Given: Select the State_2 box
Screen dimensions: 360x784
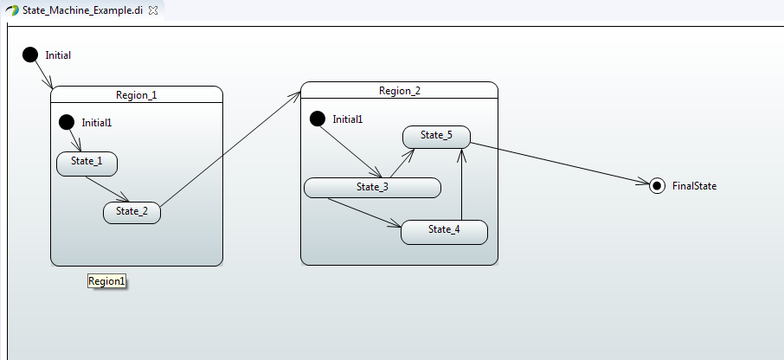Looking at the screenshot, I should pos(132,212).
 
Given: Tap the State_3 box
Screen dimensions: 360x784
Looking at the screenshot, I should pos(372,187).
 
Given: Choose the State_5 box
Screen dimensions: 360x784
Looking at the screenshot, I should pos(436,136).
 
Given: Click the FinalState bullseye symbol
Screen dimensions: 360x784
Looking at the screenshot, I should pos(658,185).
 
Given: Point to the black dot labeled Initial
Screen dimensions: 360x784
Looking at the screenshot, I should pos(30,55).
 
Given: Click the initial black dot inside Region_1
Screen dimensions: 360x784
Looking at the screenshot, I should pos(67,122).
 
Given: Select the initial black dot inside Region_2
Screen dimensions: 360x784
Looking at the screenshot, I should pos(318,119).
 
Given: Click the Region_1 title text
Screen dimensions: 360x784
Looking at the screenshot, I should pos(137,95).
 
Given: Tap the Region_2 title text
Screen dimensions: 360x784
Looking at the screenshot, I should pos(400,91).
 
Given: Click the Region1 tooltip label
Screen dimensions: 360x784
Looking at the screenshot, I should pos(107,281).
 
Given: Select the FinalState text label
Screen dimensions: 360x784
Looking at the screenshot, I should pos(694,186).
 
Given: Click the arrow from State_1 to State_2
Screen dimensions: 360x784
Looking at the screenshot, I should pos(107,190).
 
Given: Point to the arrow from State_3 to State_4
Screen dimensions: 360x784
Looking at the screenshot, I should pos(363,214).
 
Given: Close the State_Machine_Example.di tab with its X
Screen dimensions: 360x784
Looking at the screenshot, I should pos(153,10).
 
